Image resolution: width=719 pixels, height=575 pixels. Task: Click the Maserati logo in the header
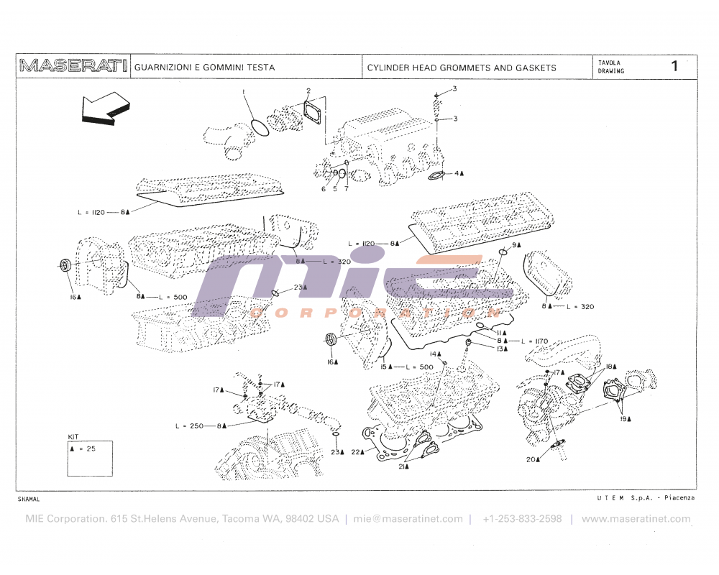point(73,67)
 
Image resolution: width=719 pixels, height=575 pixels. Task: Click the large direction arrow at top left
point(105,109)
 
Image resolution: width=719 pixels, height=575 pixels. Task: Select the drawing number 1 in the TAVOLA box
point(674,67)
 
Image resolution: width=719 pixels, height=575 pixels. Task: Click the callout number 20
point(531,459)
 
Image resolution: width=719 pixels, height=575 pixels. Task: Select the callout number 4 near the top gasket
point(456,173)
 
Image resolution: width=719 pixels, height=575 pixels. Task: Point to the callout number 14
point(434,354)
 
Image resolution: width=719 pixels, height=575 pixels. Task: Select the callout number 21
point(403,466)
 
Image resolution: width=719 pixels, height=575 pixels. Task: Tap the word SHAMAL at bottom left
point(29,498)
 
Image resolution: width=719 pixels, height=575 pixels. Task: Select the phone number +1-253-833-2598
point(522,518)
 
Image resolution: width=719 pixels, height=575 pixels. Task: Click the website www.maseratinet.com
point(636,518)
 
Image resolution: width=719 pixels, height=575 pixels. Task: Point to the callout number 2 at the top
point(308,91)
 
